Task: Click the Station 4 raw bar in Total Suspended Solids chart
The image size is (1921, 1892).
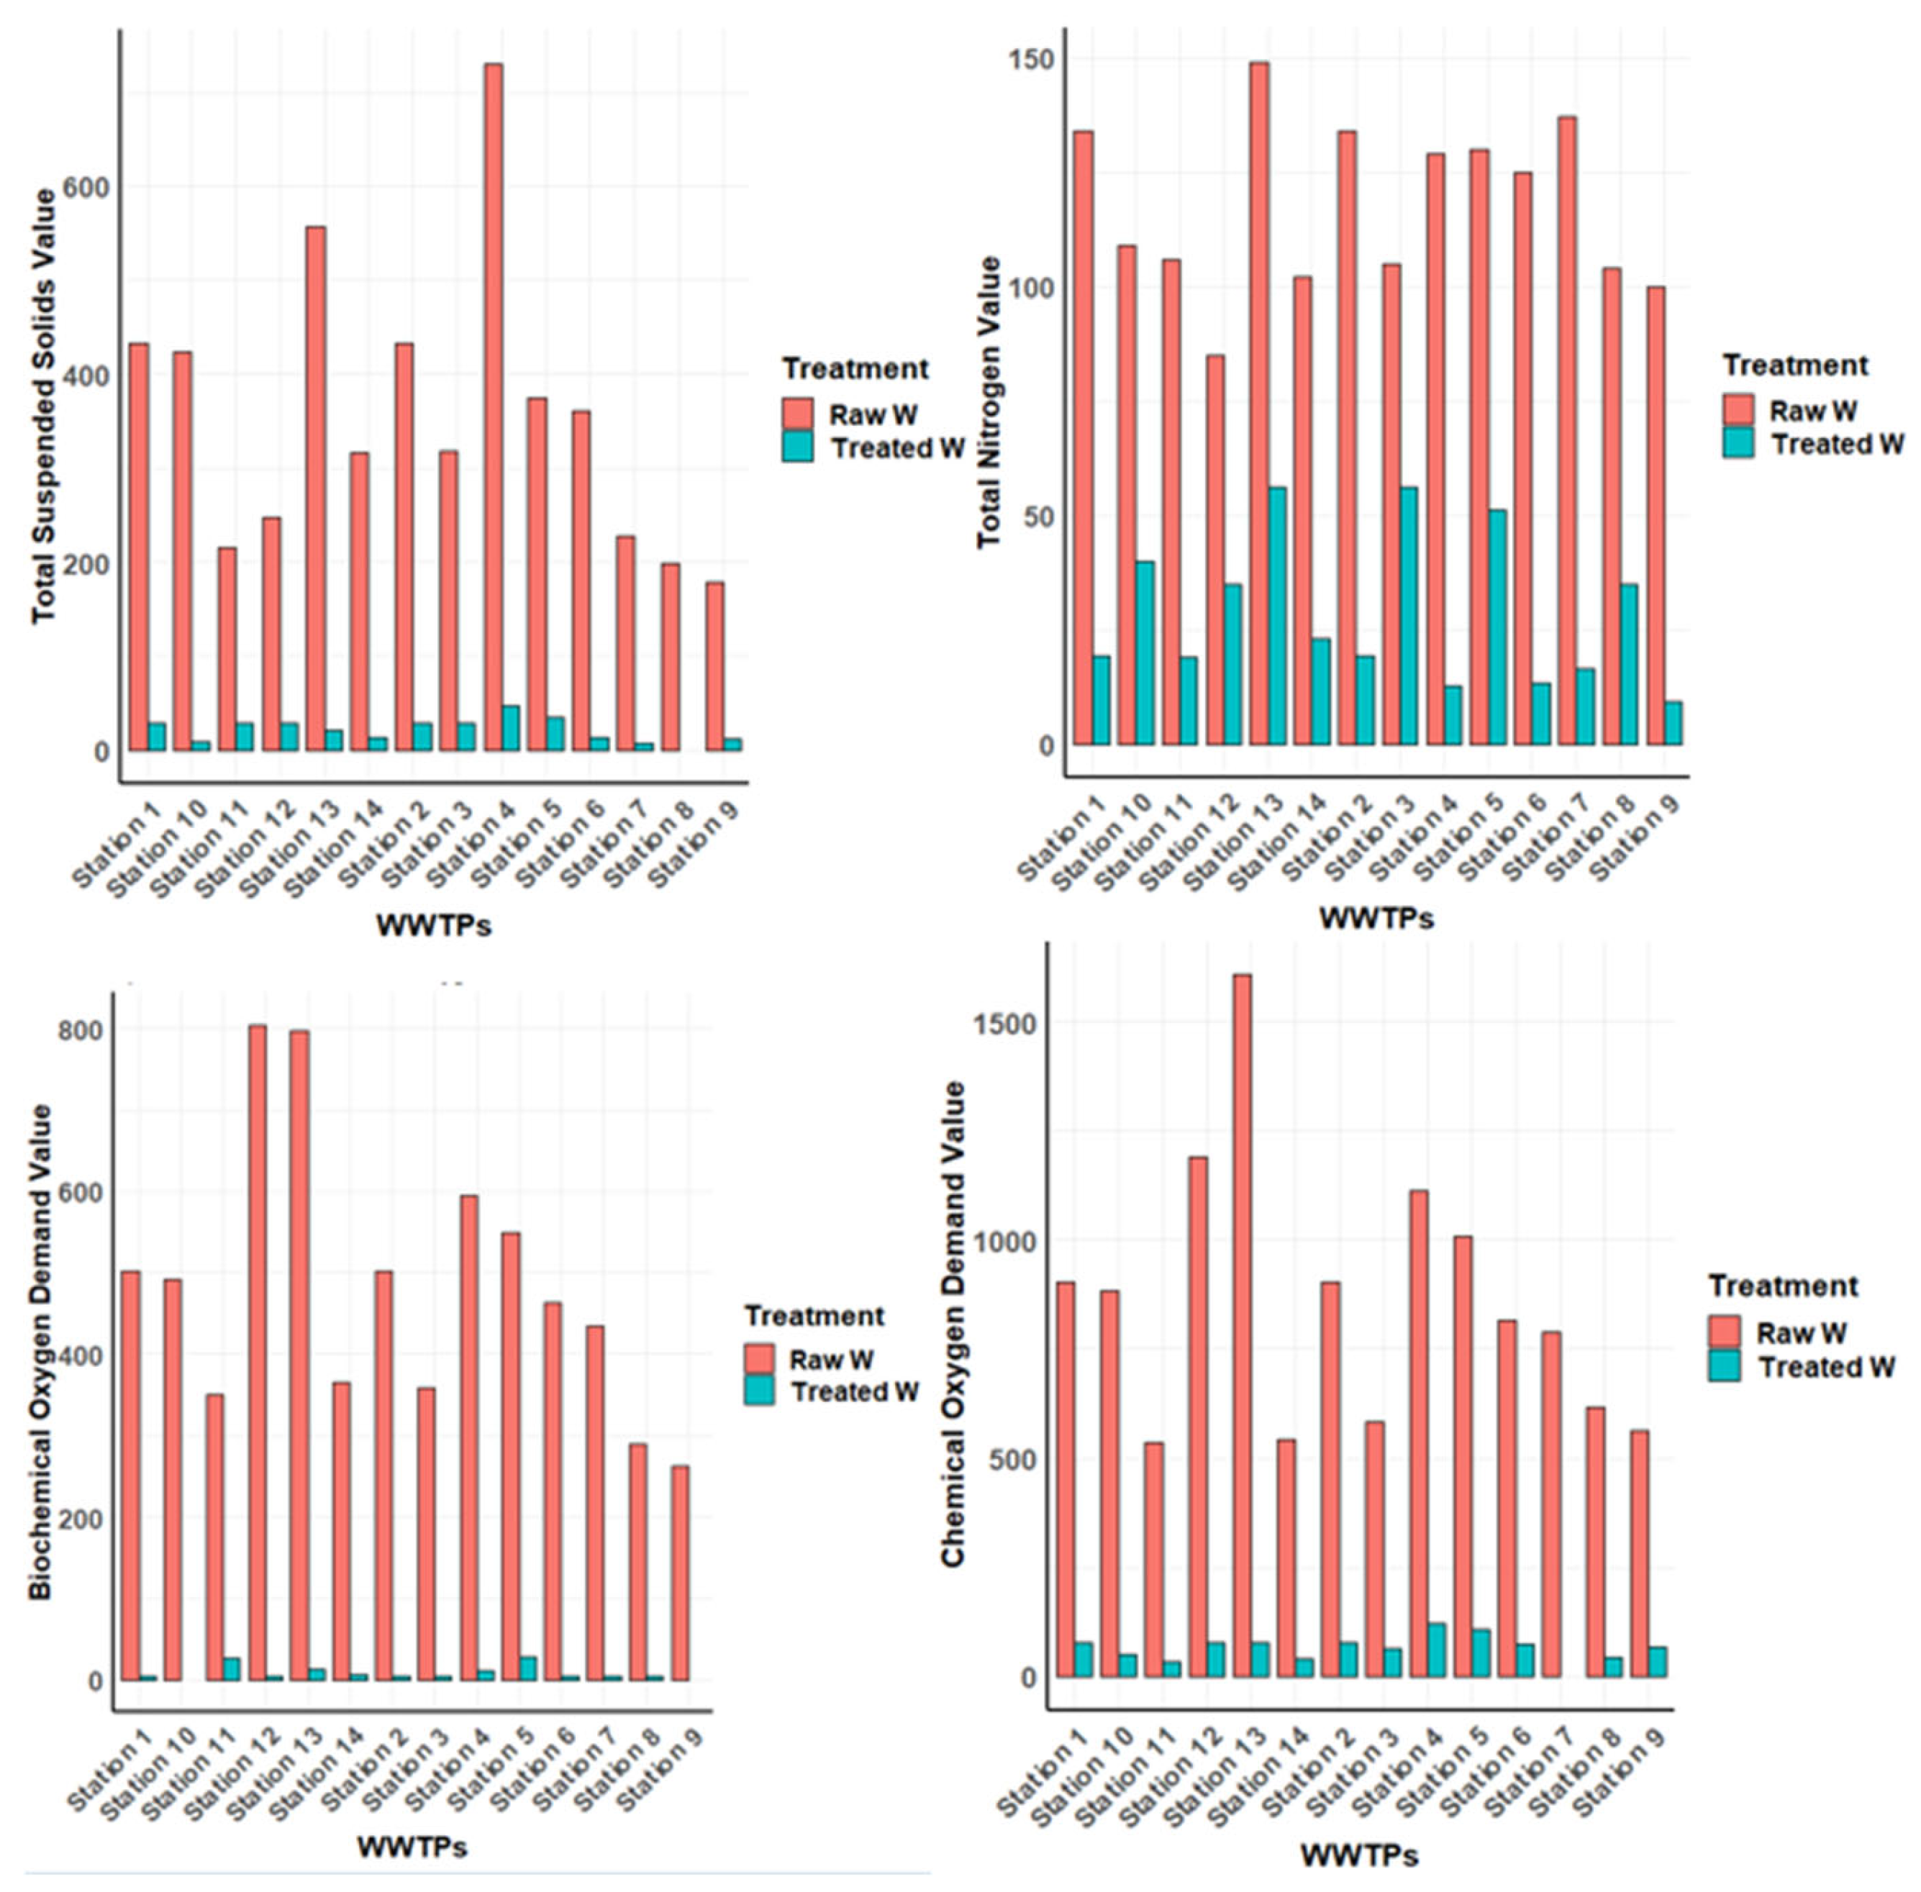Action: tap(492, 407)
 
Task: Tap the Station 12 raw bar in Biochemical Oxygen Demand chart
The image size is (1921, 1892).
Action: tap(258, 1352)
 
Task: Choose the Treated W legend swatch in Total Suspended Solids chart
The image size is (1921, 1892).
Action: tap(797, 447)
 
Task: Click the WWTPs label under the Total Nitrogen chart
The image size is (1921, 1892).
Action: tap(1376, 918)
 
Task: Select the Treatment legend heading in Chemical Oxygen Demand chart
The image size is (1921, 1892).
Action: tap(1783, 1286)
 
